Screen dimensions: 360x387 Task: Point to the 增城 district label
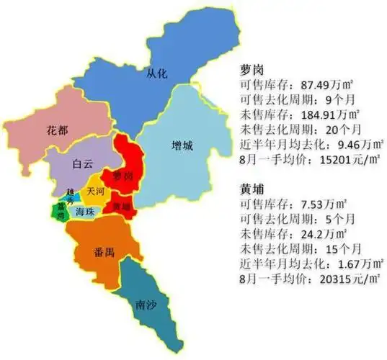(x=183, y=146)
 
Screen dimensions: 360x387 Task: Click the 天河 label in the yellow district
(x=95, y=192)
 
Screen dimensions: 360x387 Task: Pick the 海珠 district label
(x=85, y=212)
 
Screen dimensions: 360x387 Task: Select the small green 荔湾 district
(x=57, y=211)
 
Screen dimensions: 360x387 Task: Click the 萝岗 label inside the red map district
(x=122, y=176)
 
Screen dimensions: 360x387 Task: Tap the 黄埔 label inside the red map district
(x=120, y=206)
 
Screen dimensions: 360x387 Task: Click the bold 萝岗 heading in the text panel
(x=252, y=71)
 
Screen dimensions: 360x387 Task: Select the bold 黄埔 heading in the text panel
(x=252, y=191)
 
